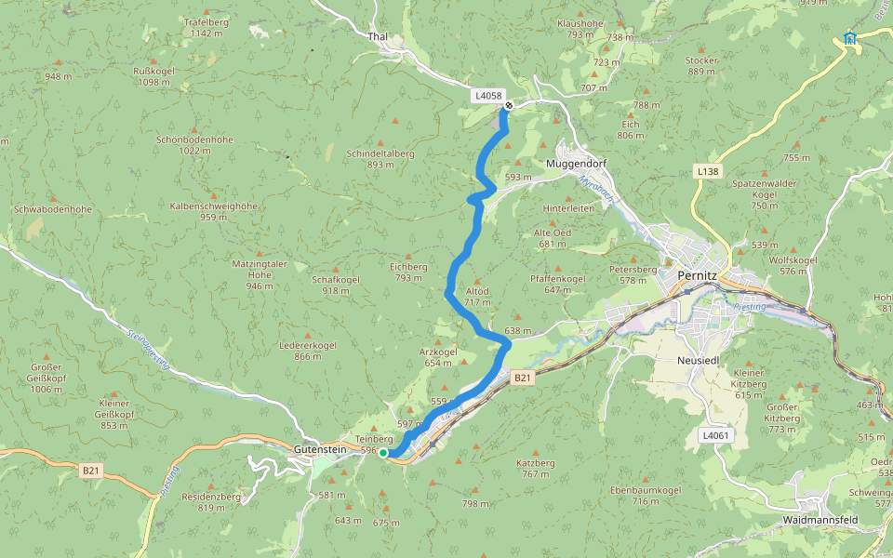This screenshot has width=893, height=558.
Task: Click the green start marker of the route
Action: [383, 453]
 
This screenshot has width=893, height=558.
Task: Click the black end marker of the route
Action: [509, 105]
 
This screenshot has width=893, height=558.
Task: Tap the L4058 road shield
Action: [487, 96]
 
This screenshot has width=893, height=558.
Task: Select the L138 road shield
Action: [707, 172]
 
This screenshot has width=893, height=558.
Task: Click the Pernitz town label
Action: [698, 276]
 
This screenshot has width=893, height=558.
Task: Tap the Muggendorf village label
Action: [574, 161]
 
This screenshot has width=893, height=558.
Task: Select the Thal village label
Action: [378, 36]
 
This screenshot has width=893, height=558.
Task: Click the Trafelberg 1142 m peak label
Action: [207, 27]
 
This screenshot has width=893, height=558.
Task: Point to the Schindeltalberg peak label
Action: [380, 158]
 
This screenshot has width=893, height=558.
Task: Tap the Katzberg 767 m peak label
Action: [535, 468]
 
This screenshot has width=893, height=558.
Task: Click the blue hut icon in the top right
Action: [849, 38]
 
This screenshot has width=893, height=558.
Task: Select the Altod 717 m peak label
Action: [477, 297]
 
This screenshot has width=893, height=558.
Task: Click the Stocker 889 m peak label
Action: [701, 66]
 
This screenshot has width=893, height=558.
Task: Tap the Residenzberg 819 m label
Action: [211, 502]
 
